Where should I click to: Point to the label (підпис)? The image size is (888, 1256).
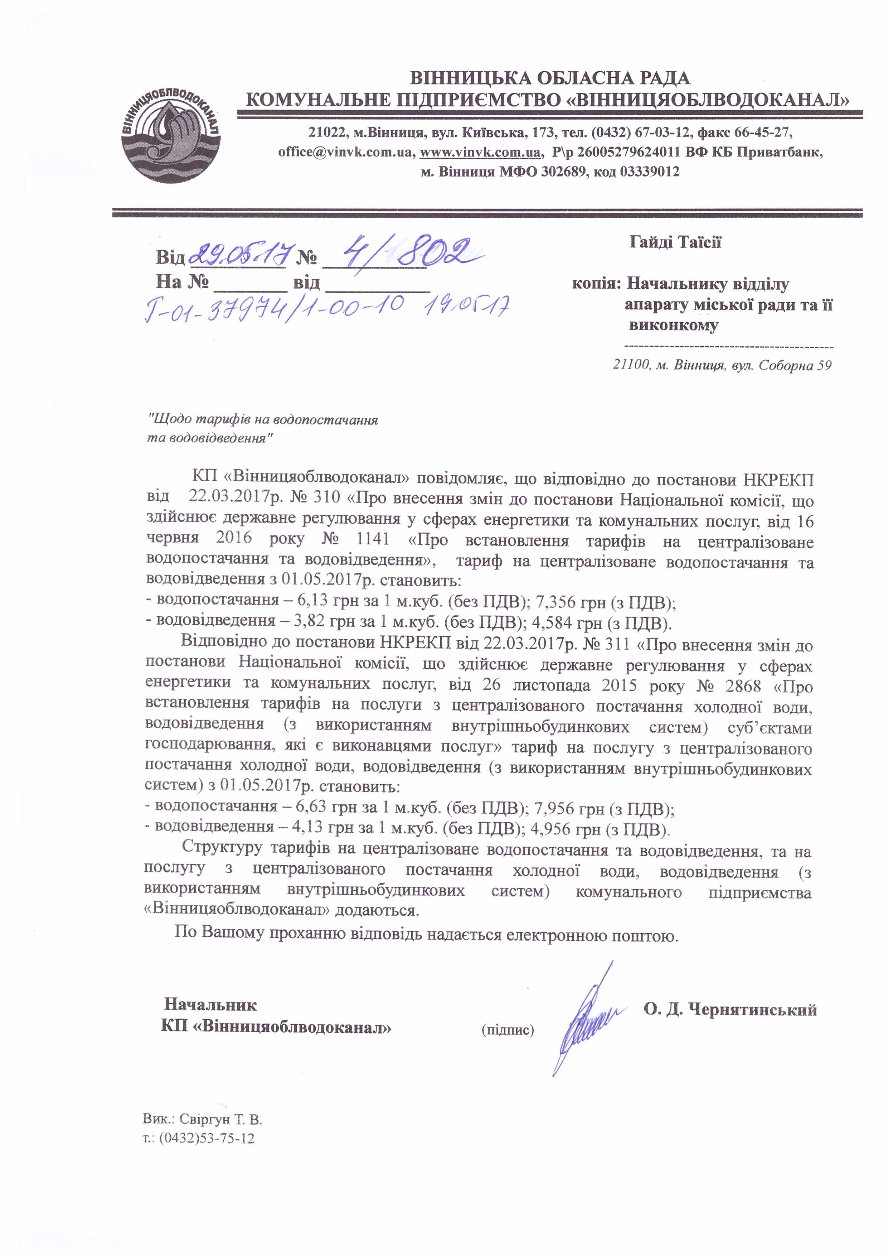[508, 1030]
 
